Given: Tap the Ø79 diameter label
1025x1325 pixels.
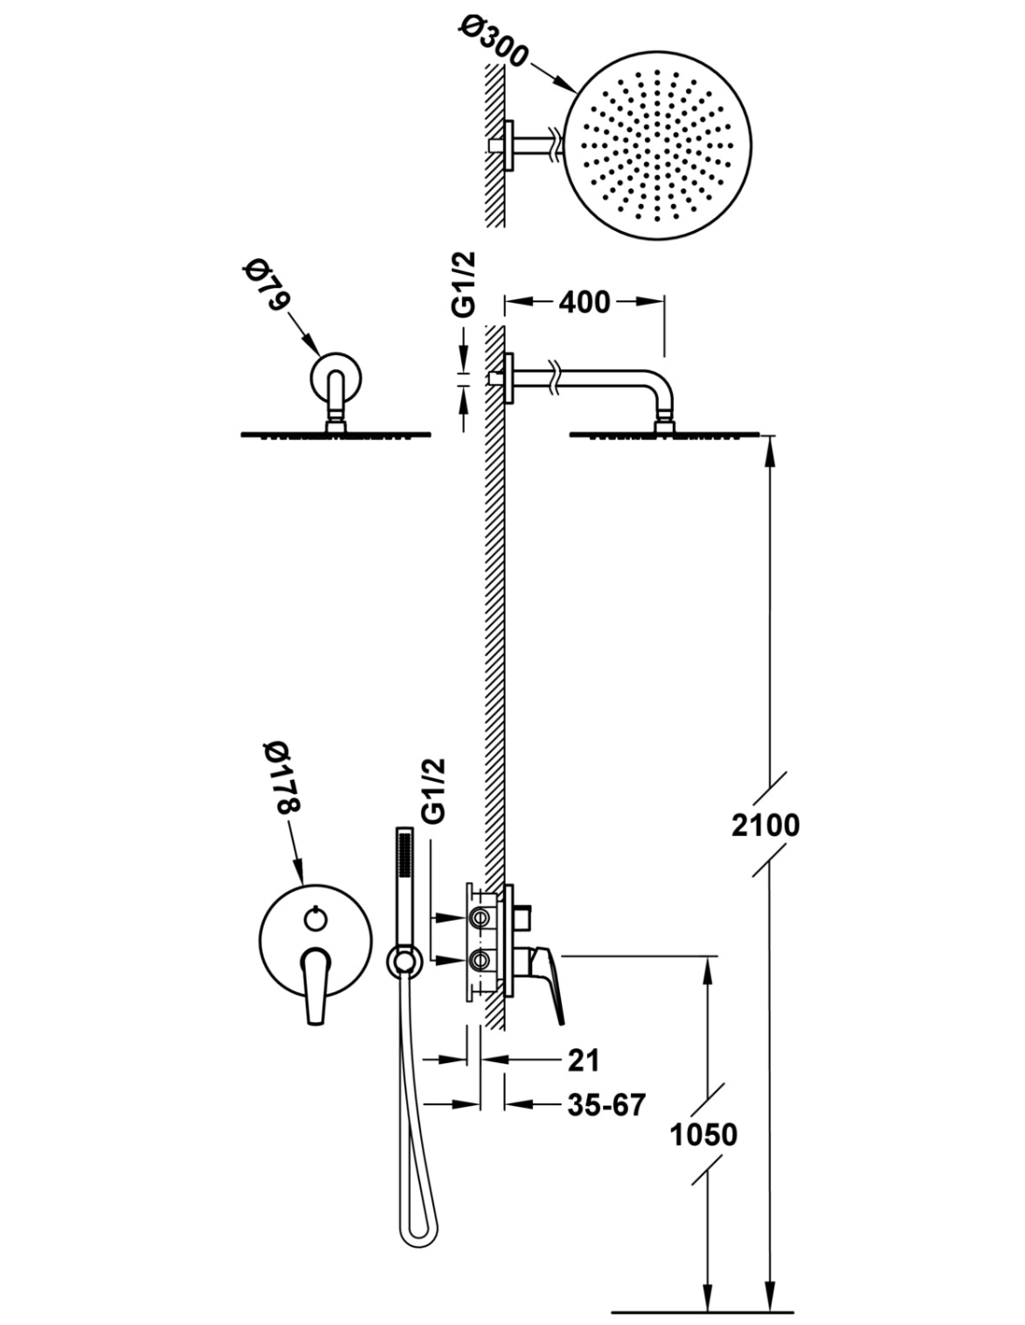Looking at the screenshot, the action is pos(267,285).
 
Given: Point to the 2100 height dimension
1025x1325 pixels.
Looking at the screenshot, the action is pos(765,826).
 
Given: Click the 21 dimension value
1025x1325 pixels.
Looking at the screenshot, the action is pos(583,1060).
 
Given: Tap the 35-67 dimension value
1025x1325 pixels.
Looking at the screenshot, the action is pos(606,1104).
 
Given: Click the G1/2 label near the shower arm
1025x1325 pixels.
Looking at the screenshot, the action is pos(463,284).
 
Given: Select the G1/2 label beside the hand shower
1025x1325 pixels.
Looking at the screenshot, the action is pos(435,792).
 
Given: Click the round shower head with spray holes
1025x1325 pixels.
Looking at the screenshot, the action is pos(657,145).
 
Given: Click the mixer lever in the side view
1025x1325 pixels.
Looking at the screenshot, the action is pos(547,981).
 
